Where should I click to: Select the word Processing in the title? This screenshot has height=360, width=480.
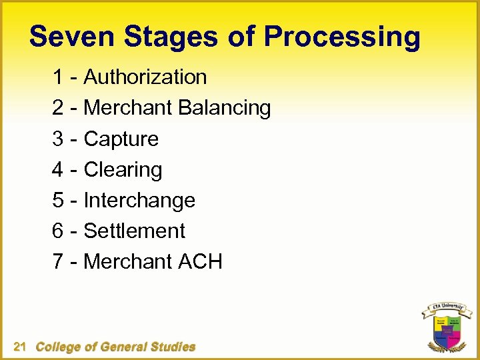point(341,38)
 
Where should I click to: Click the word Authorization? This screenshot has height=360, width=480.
point(145,77)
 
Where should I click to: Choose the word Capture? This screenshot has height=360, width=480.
point(121,139)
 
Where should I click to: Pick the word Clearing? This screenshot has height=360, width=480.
point(123,170)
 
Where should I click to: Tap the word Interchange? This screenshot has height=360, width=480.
point(139,201)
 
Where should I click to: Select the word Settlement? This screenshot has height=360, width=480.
point(135,231)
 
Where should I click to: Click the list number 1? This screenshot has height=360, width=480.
point(59,77)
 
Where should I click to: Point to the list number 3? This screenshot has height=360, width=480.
point(59,139)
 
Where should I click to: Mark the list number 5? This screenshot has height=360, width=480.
point(59,201)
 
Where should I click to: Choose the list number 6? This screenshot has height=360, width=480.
point(59,231)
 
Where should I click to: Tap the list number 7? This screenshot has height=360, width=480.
point(59,262)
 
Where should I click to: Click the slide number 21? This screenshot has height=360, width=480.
point(19,347)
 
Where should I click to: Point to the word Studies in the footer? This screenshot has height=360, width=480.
point(173,347)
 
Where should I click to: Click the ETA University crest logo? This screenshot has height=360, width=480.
point(445,329)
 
